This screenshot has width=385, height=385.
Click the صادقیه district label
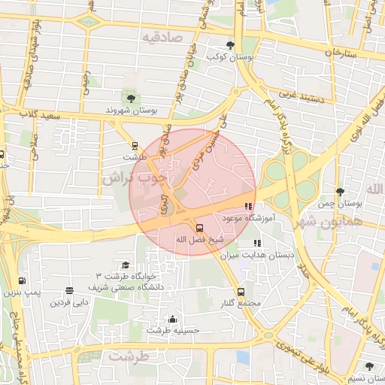pos(164,35)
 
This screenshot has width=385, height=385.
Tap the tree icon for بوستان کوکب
pos(230,45)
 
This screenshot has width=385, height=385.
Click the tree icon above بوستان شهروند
pos(132,98)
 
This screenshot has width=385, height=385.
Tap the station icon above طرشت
pos(135,146)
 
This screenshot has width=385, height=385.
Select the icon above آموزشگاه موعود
pos(249,207)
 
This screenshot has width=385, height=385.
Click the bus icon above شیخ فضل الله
pos(199,227)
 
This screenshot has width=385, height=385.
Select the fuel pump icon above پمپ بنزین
pos(21,280)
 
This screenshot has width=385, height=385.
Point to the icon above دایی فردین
pos(70,291)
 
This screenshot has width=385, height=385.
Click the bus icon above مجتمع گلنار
pos(241,292)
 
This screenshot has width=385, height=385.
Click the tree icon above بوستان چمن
pos(341,192)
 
